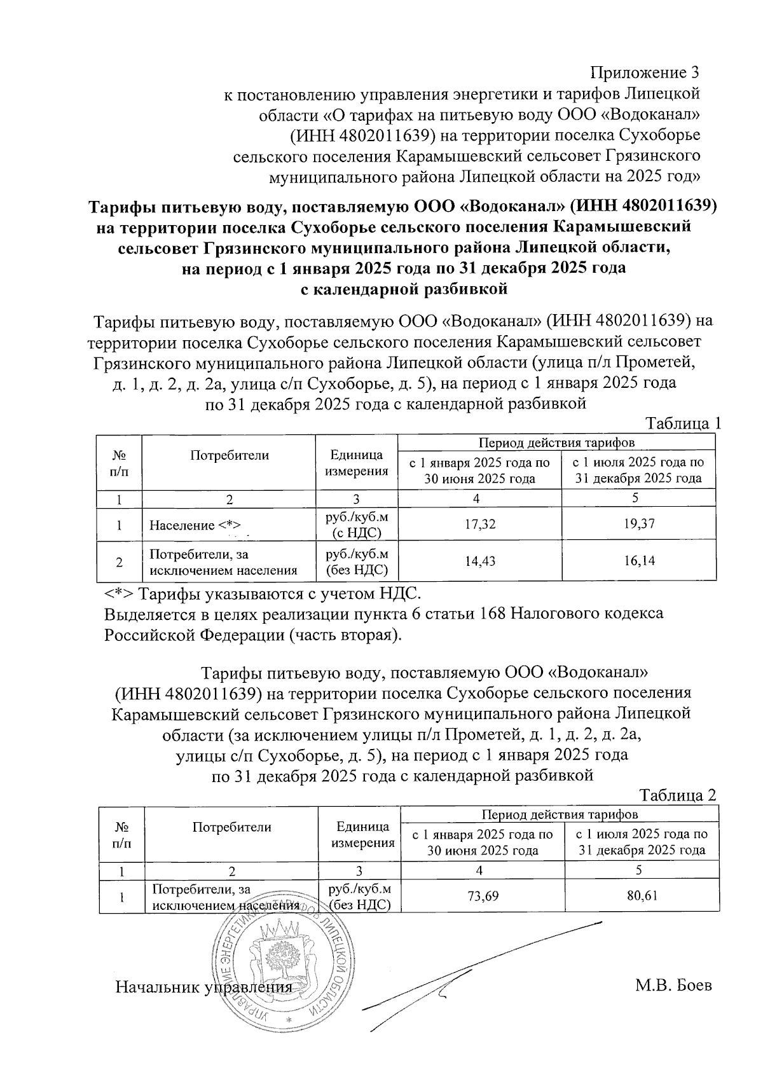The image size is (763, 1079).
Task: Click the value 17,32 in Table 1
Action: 480,525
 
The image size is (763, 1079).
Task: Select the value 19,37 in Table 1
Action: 639,525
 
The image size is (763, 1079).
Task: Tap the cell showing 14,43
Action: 480,561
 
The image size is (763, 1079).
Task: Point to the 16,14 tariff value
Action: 639,561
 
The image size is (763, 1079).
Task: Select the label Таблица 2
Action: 678,795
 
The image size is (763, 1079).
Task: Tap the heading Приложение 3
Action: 645,72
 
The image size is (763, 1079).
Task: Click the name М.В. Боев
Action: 673,986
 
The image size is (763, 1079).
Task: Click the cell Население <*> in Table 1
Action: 195,526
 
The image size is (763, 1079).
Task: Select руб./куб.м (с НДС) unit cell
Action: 356,525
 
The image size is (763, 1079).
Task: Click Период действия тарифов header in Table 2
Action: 560,814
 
